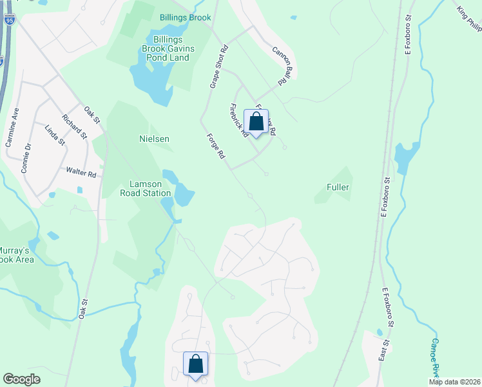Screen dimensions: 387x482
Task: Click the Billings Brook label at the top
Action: (186, 17)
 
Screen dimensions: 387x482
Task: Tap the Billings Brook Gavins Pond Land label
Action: (166, 48)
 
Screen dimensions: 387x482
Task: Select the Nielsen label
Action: (154, 139)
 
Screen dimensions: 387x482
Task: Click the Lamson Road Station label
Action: (146, 188)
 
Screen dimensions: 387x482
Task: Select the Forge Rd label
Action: (216, 146)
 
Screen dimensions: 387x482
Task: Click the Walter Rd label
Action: (81, 174)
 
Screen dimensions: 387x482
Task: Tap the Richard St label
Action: (74, 126)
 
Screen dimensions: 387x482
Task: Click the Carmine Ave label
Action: (12, 127)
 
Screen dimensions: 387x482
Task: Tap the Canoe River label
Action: (436, 358)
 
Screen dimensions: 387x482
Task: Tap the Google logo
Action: (22, 379)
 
